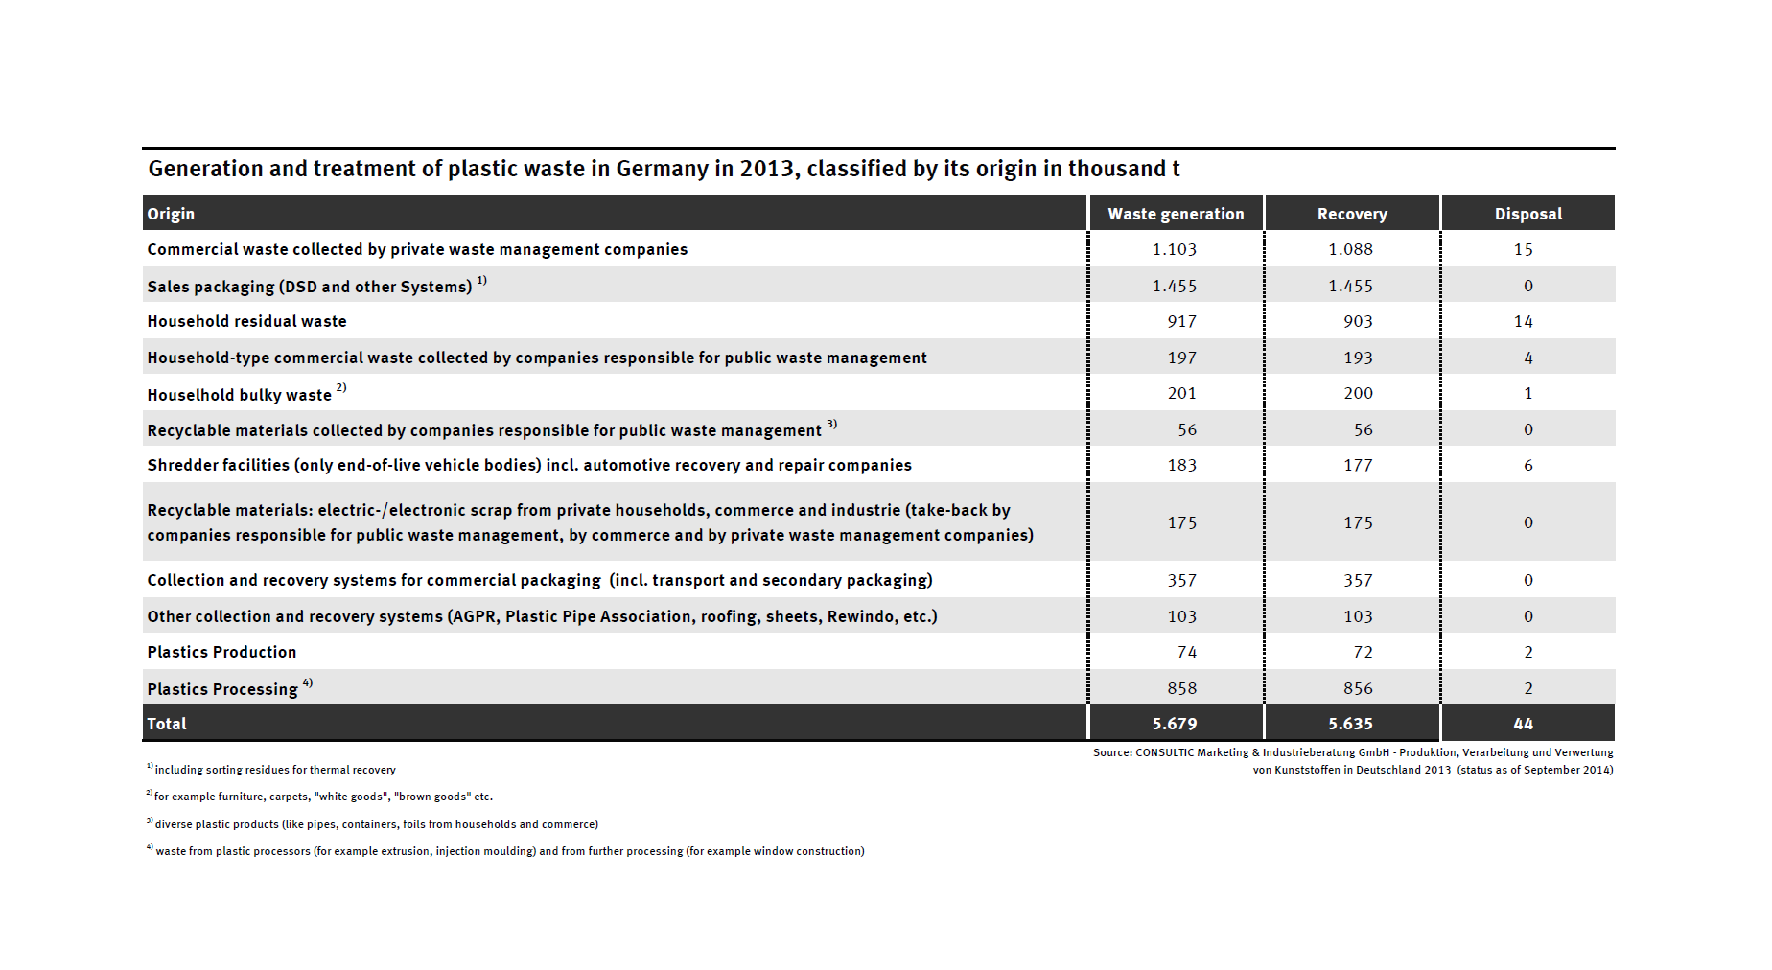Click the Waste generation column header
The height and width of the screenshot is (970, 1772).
pyautogui.click(x=1176, y=214)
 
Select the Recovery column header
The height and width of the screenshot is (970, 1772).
pyautogui.click(x=1352, y=214)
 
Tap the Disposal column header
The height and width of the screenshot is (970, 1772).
pyautogui.click(x=1527, y=214)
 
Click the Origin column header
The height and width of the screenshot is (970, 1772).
pyautogui.click(x=171, y=214)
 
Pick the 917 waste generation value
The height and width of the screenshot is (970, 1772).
pyautogui.click(x=1181, y=322)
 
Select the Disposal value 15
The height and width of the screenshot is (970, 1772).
pyautogui.click(x=1524, y=249)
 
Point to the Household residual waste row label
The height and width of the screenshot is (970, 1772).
pyautogui.click(x=246, y=322)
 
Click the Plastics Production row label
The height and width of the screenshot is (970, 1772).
pyautogui.click(x=221, y=652)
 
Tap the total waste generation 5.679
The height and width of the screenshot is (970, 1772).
pyautogui.click(x=1175, y=724)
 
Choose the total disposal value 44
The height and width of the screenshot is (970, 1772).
pyautogui.click(x=1524, y=724)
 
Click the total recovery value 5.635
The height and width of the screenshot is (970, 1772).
pyautogui.click(x=1350, y=724)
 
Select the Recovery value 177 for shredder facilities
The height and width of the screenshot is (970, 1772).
pyautogui.click(x=1358, y=466)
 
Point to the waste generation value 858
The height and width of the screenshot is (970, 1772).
pyautogui.click(x=1181, y=688)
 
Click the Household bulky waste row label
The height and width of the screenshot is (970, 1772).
pyautogui.click(x=239, y=395)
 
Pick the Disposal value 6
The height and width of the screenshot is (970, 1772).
pyautogui.click(x=1528, y=466)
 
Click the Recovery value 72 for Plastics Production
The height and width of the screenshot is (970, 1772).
pyautogui.click(x=1363, y=652)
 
